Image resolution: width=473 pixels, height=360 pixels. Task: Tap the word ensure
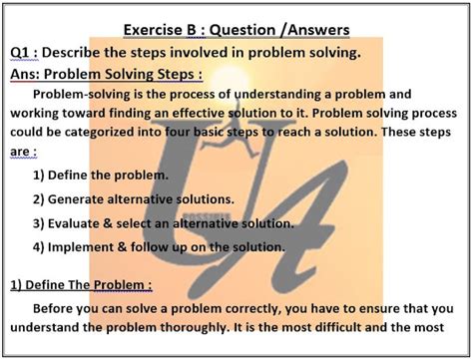379,308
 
